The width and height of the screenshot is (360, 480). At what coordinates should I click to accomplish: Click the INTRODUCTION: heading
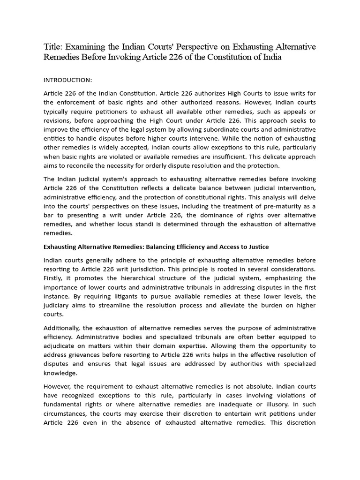tap(67, 80)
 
